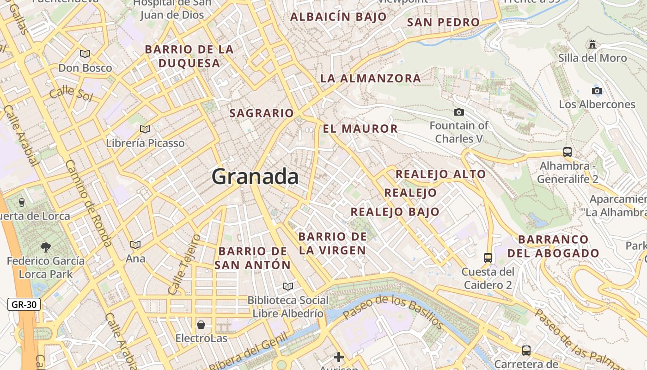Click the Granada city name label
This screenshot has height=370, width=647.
point(255,177)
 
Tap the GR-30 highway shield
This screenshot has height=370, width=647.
point(24,304)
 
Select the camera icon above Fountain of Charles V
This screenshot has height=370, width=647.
point(458,112)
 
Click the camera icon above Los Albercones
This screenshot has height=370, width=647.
point(597,91)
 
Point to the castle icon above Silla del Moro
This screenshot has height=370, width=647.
point(592,44)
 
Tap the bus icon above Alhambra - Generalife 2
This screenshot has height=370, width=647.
point(567,152)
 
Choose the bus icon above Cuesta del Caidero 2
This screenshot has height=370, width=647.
point(488,258)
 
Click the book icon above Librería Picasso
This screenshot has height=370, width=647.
point(145,129)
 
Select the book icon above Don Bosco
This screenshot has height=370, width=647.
point(85,54)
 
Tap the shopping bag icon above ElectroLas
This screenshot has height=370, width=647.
point(201,324)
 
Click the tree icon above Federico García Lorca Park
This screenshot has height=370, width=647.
point(45,247)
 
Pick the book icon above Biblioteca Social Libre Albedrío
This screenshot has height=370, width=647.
point(288,286)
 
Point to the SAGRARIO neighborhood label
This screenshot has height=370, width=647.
point(262,113)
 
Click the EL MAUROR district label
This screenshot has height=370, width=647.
point(360,129)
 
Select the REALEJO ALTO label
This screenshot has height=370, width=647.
point(440,174)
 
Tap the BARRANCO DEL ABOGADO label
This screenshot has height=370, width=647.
point(553,247)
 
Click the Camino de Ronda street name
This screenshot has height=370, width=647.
point(88,203)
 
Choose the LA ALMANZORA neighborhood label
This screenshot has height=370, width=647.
point(370,78)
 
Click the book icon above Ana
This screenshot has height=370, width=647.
point(135,245)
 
